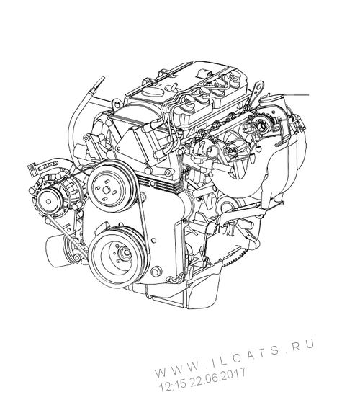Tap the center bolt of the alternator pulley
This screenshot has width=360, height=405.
[48, 201]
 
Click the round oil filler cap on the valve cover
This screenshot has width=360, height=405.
[151, 92]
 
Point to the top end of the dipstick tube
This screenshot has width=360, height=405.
[103, 77]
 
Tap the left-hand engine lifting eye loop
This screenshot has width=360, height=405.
[117, 104]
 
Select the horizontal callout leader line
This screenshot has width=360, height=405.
[296, 95]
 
